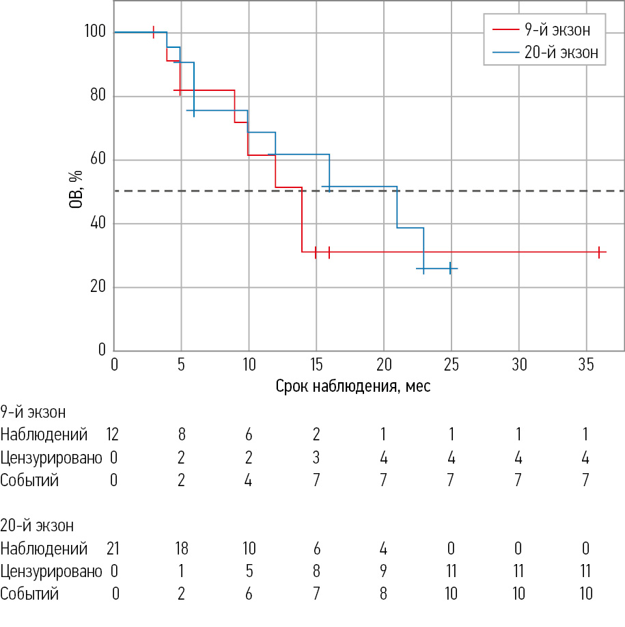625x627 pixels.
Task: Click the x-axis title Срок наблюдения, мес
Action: click(353, 386)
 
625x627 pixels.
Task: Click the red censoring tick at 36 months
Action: click(599, 252)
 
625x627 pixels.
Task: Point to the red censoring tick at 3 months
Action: click(154, 32)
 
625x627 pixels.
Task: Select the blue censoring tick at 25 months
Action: click(450, 269)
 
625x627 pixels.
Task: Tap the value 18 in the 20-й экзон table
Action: click(181, 548)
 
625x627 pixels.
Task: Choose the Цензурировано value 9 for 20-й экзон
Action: click(383, 571)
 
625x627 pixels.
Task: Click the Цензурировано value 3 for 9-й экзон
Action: click(316, 457)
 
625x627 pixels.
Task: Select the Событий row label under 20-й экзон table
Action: click(29, 593)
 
